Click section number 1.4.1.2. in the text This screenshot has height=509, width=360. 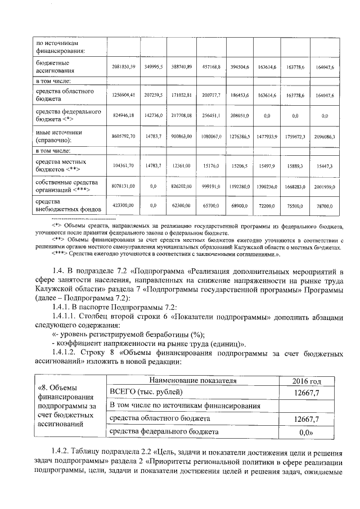click(x=66, y=353)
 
